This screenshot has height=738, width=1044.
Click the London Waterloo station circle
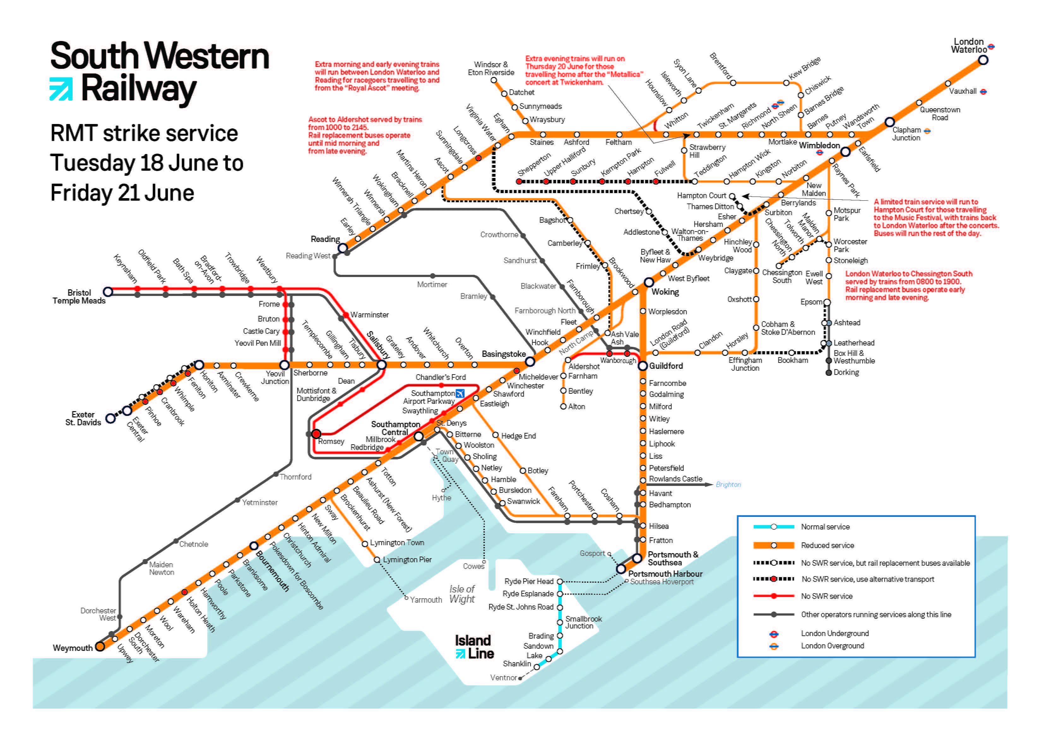point(983,60)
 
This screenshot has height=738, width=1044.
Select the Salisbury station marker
point(382,365)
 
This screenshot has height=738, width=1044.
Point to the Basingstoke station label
point(503,354)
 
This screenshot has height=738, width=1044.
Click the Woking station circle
point(649,282)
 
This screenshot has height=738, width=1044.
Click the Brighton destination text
point(728,485)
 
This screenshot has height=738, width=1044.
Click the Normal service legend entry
point(825,527)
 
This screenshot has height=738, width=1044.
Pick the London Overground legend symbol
point(774,646)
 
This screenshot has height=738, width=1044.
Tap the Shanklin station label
point(517,664)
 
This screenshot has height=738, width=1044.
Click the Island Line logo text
point(474,647)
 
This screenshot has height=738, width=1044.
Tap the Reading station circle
point(343,248)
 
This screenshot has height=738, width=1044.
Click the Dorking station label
point(846,372)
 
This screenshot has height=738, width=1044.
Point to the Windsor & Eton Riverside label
point(491,69)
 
